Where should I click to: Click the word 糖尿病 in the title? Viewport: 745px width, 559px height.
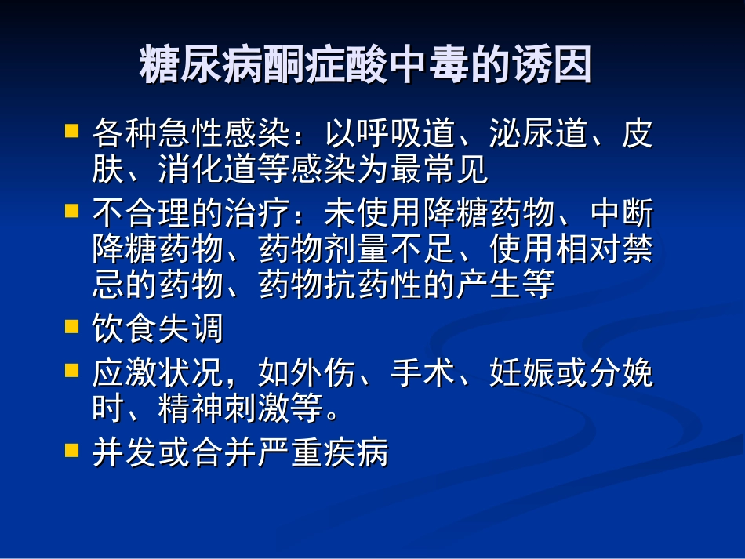point(188,65)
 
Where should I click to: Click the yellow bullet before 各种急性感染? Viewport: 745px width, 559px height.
point(71,130)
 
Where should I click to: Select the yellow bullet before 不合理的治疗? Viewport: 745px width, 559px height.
point(71,212)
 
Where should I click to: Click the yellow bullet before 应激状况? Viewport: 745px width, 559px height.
point(71,368)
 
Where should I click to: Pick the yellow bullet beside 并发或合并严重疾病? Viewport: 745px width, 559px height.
point(71,450)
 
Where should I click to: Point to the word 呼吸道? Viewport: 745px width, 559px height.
point(405,135)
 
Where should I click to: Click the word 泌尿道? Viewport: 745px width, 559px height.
point(538,135)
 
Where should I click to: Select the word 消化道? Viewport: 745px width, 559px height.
point(207,169)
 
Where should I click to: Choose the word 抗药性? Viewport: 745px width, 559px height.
point(372,284)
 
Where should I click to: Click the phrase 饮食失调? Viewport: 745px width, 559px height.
point(158,329)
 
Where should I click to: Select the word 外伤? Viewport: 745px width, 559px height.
point(322,374)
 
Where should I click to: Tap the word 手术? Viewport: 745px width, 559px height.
point(422,374)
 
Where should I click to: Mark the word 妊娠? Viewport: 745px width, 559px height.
point(521,374)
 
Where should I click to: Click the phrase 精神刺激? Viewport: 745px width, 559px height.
point(223,408)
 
